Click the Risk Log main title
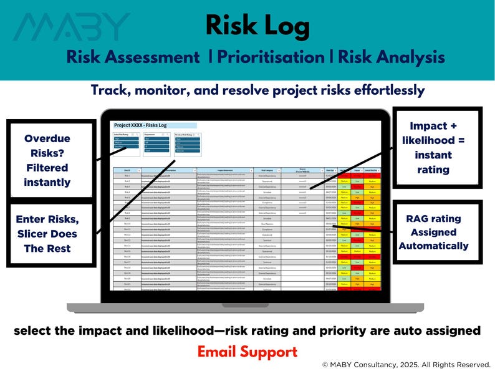[257, 26]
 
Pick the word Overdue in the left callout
[47, 138]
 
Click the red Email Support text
[247, 352]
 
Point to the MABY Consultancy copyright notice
[406, 364]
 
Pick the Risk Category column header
[269, 170]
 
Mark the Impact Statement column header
[224, 170]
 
